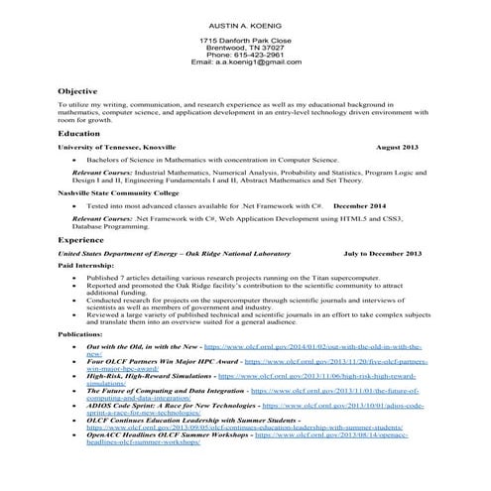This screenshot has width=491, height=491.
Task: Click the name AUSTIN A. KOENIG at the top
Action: coord(245,23)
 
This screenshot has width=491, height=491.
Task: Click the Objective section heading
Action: coord(77,90)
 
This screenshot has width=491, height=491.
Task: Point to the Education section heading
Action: coord(79,132)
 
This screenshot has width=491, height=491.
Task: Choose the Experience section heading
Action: coord(81,240)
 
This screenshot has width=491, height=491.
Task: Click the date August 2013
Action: coord(397,147)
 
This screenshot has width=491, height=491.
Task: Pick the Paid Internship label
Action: coord(84,267)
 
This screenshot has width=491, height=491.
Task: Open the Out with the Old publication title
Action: coord(144,347)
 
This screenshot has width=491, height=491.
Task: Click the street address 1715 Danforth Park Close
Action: coord(245,39)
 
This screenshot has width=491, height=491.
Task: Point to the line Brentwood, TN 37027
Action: coord(245,47)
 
